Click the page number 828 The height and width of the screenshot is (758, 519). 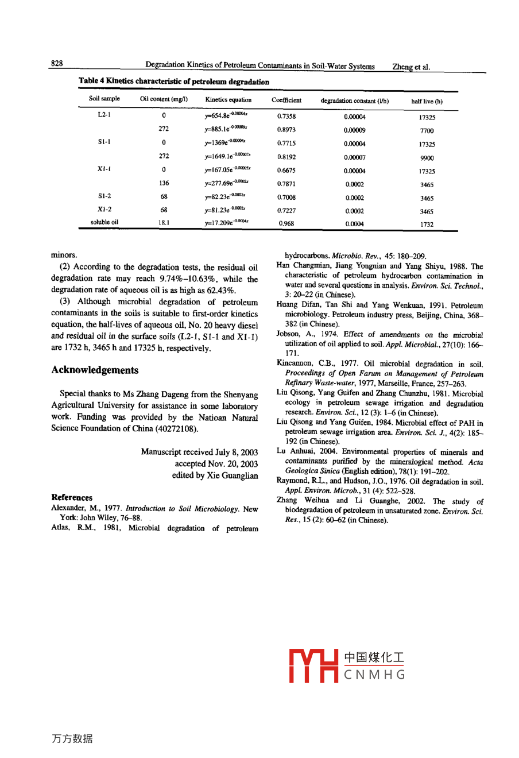(x=57, y=63)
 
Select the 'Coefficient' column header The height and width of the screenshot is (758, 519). (x=286, y=100)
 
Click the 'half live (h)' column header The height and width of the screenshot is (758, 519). (x=427, y=102)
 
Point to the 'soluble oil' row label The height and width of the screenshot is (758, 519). (x=104, y=222)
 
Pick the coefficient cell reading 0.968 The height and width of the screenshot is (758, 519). (x=286, y=224)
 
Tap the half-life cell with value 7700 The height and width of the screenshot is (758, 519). (x=427, y=131)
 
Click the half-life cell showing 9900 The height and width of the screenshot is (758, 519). (x=427, y=158)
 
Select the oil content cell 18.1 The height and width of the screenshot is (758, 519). (x=164, y=222)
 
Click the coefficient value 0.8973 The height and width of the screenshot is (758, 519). (x=286, y=130)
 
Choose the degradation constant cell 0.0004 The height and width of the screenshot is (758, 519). (x=354, y=224)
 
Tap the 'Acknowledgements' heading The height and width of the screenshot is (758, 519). (x=95, y=370)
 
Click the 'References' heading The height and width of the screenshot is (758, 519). (x=72, y=497)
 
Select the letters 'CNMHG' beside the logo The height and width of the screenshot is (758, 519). (x=375, y=675)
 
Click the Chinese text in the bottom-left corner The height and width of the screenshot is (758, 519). (x=72, y=738)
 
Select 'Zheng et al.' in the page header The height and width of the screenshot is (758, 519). (x=410, y=67)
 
